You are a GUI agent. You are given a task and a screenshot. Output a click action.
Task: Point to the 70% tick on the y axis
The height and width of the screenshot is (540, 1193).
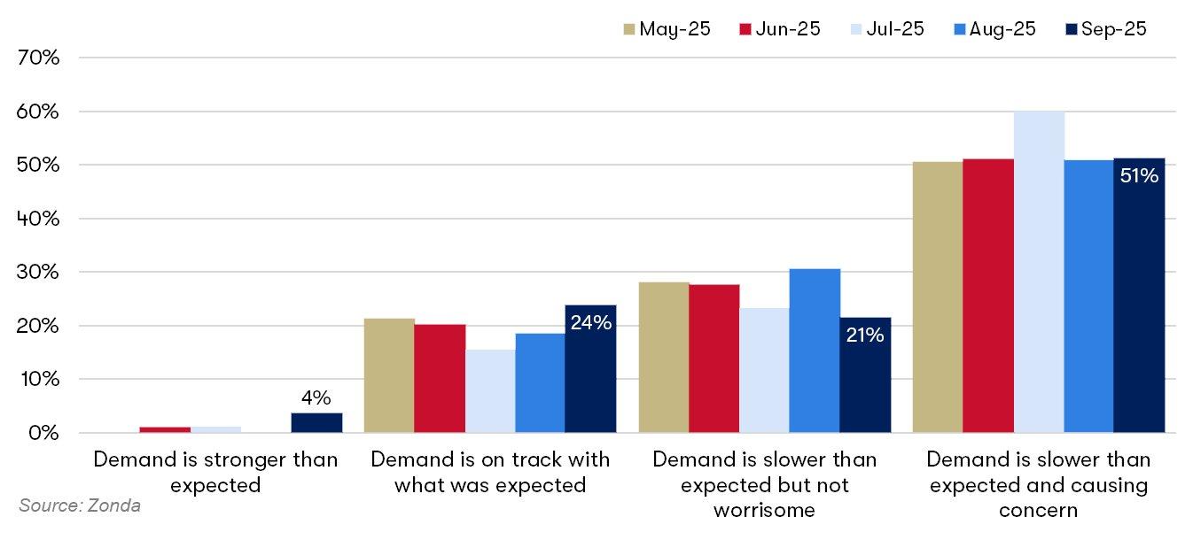tap(37, 58)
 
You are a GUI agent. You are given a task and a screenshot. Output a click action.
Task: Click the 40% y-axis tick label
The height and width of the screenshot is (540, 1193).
tap(37, 219)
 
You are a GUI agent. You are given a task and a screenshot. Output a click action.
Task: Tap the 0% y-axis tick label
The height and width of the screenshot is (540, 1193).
tap(43, 434)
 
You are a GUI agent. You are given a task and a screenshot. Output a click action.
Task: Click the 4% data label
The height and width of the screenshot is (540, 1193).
tap(316, 398)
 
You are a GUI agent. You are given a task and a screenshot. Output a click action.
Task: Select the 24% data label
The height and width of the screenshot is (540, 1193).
tap(591, 323)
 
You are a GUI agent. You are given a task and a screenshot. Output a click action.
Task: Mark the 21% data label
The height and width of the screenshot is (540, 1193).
tap(865, 335)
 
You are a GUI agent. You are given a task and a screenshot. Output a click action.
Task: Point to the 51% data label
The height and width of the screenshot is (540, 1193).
tap(1139, 176)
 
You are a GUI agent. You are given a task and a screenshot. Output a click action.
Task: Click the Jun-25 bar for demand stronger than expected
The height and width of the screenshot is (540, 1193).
tap(165, 429)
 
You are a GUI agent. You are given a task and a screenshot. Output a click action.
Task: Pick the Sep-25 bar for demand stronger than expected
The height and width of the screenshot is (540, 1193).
tap(316, 423)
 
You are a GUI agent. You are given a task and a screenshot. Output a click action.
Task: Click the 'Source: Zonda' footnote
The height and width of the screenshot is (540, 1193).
tap(80, 505)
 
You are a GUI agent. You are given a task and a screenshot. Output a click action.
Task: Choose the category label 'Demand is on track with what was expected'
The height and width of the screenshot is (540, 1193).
tap(490, 472)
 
